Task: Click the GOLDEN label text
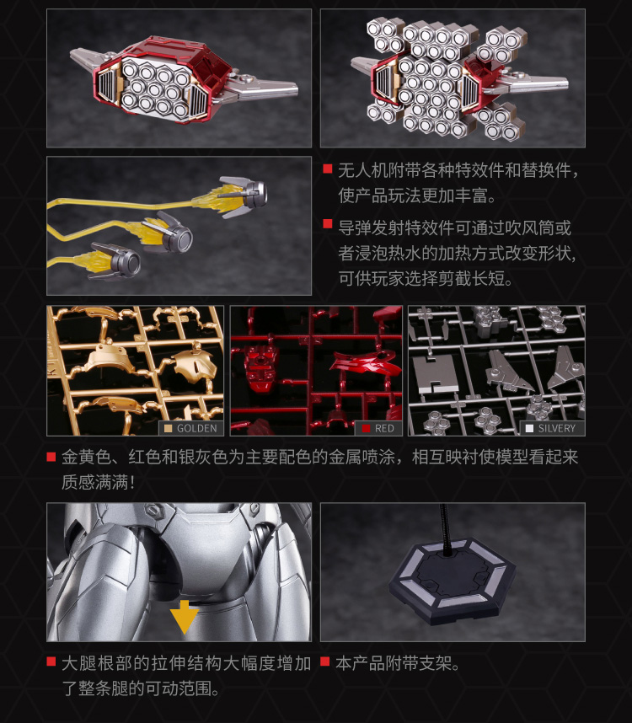[x=197, y=428]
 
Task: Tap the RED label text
[x=384, y=428]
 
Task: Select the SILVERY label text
[x=557, y=428]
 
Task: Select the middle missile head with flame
[x=173, y=233]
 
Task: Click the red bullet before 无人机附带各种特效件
[x=328, y=169]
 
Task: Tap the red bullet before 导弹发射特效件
[x=328, y=224]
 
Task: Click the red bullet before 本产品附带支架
[x=325, y=661]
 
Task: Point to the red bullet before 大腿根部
[x=51, y=661]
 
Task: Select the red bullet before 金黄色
[x=51, y=457]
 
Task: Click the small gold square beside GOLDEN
[x=169, y=428]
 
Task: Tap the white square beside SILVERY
[x=530, y=428]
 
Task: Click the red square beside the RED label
[x=367, y=428]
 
